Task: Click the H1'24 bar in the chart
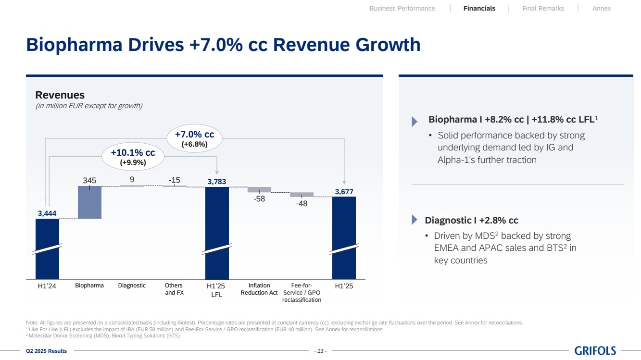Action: (x=47, y=248)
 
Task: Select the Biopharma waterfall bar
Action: (x=89, y=202)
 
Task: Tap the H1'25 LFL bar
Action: (x=217, y=231)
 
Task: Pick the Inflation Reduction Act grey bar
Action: (x=259, y=189)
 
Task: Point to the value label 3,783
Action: (x=217, y=181)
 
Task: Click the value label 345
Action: (x=89, y=180)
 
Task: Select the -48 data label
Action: (x=302, y=203)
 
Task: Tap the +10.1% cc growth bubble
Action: (x=133, y=157)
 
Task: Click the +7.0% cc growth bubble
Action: (x=194, y=138)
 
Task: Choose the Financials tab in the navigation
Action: (x=479, y=8)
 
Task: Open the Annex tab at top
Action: (x=602, y=8)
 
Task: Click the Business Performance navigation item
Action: (x=402, y=8)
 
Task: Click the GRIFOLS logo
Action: (x=595, y=351)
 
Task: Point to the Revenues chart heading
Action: (x=60, y=95)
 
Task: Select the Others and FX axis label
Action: (x=174, y=289)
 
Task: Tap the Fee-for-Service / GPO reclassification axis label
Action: (x=302, y=293)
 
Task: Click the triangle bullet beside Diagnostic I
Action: (x=415, y=220)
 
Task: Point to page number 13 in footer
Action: (x=320, y=351)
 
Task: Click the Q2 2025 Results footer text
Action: (x=46, y=351)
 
